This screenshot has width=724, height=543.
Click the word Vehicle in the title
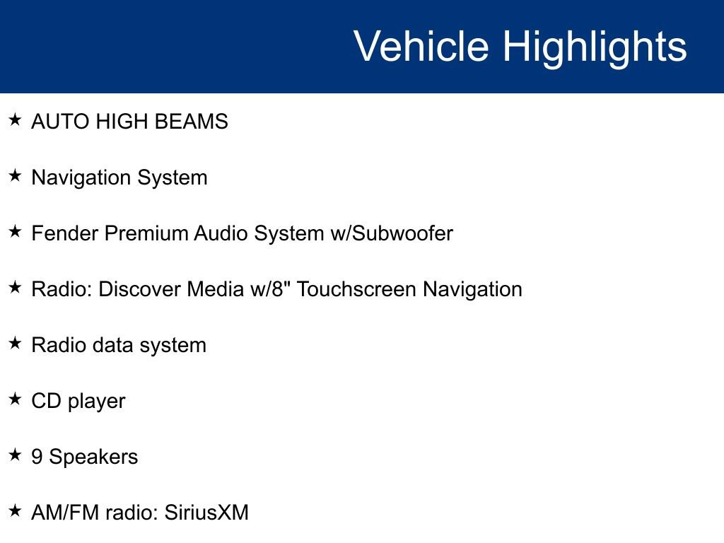click(421, 46)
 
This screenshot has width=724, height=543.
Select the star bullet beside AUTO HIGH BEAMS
click(15, 119)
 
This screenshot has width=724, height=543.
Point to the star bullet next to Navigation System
click(15, 175)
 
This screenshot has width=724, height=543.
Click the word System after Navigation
click(173, 178)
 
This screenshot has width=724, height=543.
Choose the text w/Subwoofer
click(392, 233)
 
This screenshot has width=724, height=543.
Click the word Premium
click(146, 233)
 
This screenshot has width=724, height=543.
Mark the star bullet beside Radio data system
click(15, 343)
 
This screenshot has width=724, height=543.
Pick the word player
click(96, 402)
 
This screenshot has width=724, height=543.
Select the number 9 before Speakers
click(37, 457)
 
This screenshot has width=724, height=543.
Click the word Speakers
click(93, 457)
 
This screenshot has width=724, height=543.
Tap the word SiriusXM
click(206, 513)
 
